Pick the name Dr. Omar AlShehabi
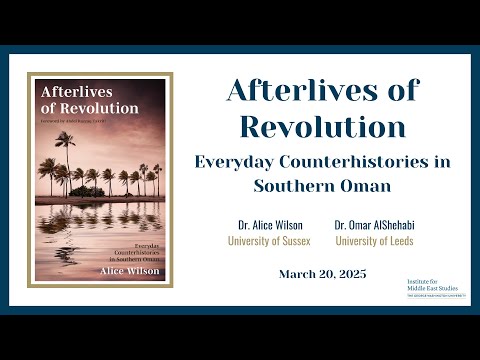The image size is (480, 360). [x=373, y=226]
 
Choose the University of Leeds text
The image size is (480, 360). [x=373, y=241]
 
